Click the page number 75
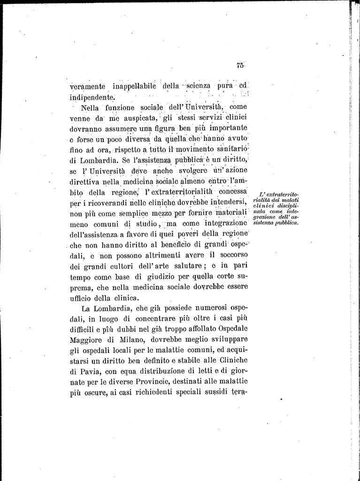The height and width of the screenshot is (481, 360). point(240,66)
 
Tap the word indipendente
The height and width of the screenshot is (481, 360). point(92,98)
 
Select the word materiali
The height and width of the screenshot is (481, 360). point(230,213)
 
